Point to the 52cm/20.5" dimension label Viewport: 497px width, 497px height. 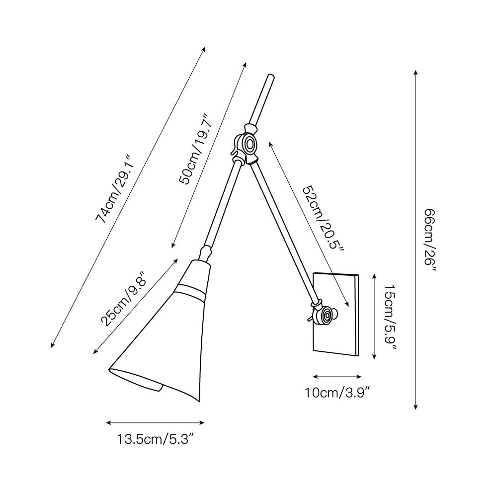coord(323,219)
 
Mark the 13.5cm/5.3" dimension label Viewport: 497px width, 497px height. coord(155,439)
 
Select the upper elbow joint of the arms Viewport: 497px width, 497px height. coord(247,145)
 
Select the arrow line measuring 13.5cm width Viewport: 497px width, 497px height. coord(156,423)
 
